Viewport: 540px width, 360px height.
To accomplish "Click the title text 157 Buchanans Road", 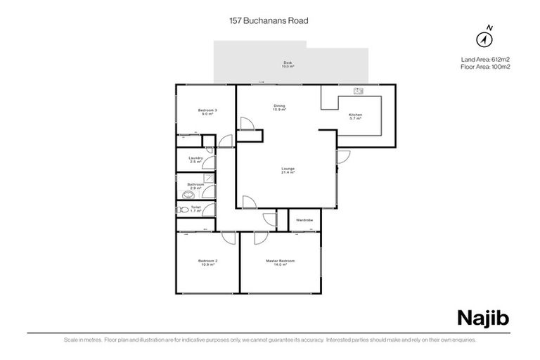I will click(x=270, y=20).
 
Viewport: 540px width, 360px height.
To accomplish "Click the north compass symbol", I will click(x=485, y=37).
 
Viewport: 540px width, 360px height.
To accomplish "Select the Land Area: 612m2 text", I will click(x=484, y=58).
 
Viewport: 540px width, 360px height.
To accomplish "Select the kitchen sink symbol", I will click(x=358, y=91).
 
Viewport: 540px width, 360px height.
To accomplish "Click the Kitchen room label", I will click(x=356, y=116).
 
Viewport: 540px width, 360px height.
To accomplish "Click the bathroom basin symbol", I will click(x=188, y=194).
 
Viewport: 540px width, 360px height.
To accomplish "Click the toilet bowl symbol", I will click(x=184, y=210).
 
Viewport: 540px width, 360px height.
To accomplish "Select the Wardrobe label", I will click(x=304, y=220).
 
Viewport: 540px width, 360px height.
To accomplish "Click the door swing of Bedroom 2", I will click(x=228, y=239).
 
